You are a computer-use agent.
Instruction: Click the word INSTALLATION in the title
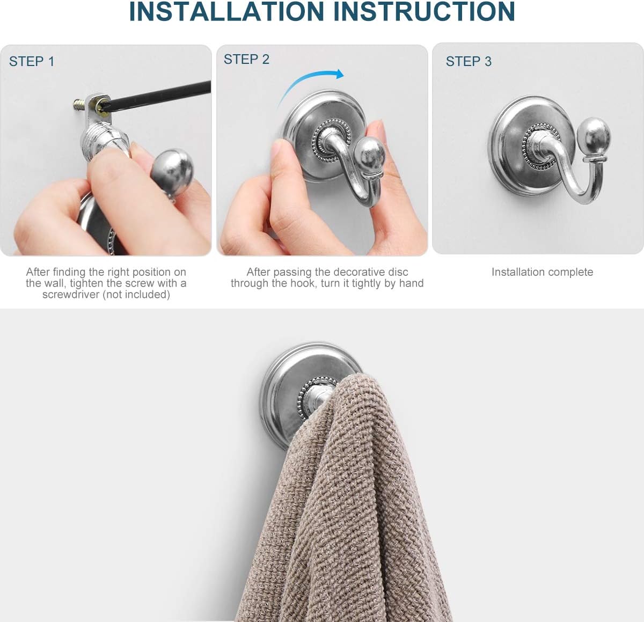(226, 12)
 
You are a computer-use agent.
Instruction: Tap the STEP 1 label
(32, 62)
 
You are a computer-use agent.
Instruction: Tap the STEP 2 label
(246, 60)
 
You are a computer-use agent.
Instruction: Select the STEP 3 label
(469, 62)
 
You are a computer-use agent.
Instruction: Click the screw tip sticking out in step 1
(78, 105)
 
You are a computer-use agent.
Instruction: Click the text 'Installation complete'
(542, 272)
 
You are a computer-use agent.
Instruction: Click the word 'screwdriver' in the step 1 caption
(71, 295)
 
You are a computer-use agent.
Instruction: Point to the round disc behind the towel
(291, 394)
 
